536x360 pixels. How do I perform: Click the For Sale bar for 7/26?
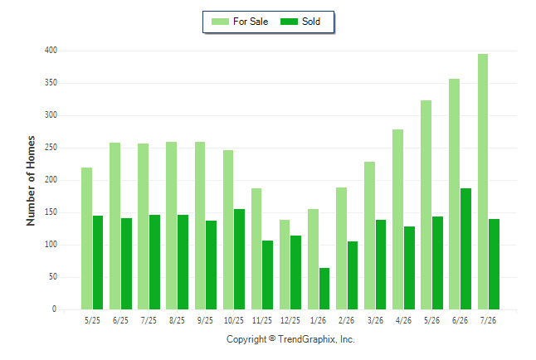coord(483,182)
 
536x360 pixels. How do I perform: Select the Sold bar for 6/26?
coord(465,249)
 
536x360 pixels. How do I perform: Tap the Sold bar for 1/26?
coord(324,289)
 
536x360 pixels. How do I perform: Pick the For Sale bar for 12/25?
coord(285,265)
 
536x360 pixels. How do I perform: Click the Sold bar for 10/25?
coord(239,259)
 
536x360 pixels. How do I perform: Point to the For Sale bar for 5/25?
coord(86,239)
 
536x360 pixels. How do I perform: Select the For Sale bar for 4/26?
coord(398,220)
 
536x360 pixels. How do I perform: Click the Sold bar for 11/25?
coord(268,275)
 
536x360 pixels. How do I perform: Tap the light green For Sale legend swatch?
coord(220,22)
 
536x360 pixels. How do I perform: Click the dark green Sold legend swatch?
coord(289,22)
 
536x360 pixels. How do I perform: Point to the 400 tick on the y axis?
coord(51,51)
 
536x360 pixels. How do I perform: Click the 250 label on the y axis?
coord(51,148)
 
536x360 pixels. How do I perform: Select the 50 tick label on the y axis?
coord(53,276)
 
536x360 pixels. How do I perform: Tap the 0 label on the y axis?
coord(55,309)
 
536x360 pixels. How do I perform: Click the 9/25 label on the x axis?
coord(205,320)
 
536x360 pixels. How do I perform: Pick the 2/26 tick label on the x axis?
coord(346,320)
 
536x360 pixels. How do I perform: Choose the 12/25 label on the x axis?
coord(290,320)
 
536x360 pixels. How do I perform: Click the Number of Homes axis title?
coord(31,181)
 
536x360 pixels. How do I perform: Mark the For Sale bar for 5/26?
coord(426,205)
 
